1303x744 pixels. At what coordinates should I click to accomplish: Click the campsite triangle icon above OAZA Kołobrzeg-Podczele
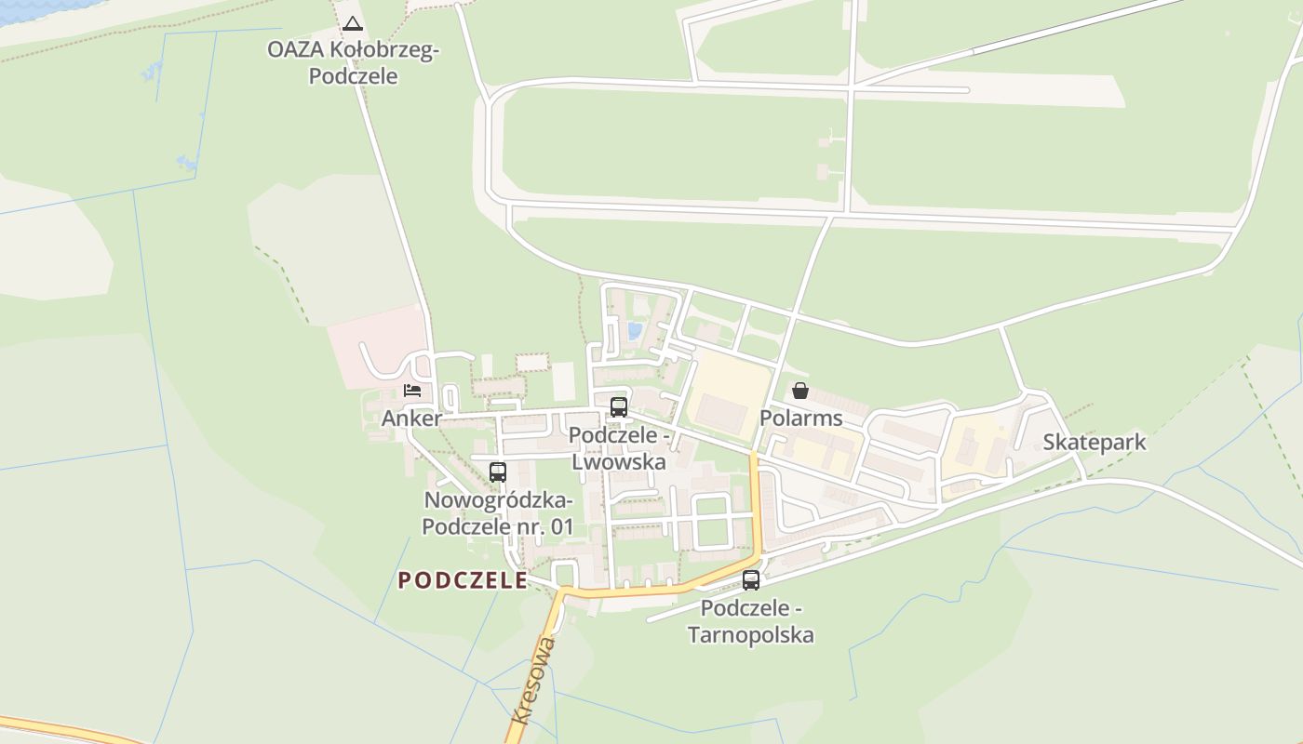pyautogui.click(x=352, y=24)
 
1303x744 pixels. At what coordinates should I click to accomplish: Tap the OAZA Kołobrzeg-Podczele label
pyautogui.click(x=353, y=63)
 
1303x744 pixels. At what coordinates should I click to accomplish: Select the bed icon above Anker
pyautogui.click(x=412, y=391)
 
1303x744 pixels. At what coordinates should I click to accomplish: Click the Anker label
pyautogui.click(x=411, y=418)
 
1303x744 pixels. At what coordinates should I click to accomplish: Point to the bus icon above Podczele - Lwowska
pyautogui.click(x=618, y=406)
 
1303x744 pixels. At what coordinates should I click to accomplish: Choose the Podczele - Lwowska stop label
pyautogui.click(x=618, y=448)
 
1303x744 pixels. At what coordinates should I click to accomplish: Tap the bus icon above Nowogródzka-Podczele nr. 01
pyautogui.click(x=498, y=472)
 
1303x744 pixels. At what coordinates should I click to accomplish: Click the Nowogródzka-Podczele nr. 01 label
pyautogui.click(x=498, y=513)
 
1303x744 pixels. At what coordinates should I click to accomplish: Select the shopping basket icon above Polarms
pyautogui.click(x=800, y=391)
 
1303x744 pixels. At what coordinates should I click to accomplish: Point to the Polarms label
pyautogui.click(x=800, y=418)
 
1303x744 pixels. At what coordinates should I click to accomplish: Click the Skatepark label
pyautogui.click(x=1094, y=443)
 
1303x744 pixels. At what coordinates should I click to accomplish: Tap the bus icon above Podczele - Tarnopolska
pyautogui.click(x=751, y=580)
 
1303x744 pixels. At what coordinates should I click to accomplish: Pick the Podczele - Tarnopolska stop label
pyautogui.click(x=750, y=622)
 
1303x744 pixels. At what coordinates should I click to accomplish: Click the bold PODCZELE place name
pyautogui.click(x=463, y=581)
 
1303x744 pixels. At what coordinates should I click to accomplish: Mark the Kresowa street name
pyautogui.click(x=534, y=680)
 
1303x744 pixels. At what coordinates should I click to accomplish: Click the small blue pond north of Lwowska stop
pyautogui.click(x=635, y=330)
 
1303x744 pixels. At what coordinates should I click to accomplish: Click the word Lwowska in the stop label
pyautogui.click(x=618, y=462)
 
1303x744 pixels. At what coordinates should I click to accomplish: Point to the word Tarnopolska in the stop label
pyautogui.click(x=750, y=636)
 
